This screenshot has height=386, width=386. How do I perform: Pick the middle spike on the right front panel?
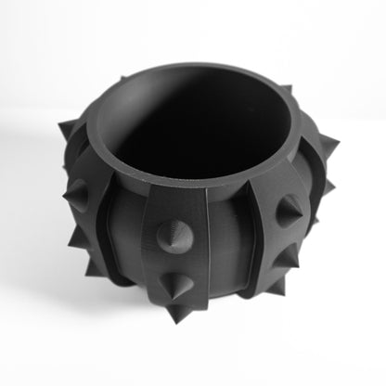click(x=289, y=212)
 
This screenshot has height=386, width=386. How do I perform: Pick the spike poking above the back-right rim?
click(x=286, y=90)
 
